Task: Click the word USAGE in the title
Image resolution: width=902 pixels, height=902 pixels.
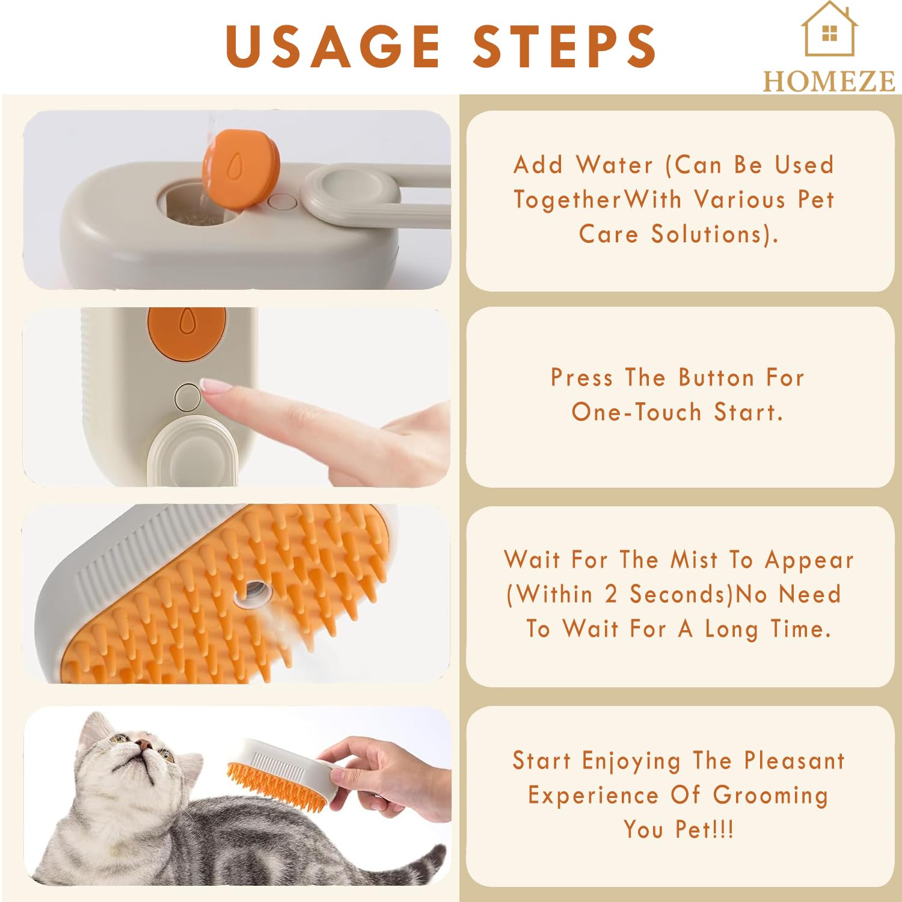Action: (333, 46)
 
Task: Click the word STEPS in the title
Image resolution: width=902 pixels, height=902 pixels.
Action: (565, 46)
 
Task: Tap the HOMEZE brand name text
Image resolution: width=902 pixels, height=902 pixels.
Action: (829, 81)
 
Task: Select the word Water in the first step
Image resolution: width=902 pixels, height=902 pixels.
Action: (614, 165)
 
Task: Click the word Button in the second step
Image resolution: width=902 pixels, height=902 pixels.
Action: (716, 378)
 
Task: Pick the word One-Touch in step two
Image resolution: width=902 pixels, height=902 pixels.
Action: (636, 413)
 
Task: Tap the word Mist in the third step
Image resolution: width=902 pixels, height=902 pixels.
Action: (694, 560)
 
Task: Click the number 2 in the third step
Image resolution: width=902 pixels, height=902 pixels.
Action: (610, 595)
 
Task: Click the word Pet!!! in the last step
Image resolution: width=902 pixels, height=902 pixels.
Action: (704, 830)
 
